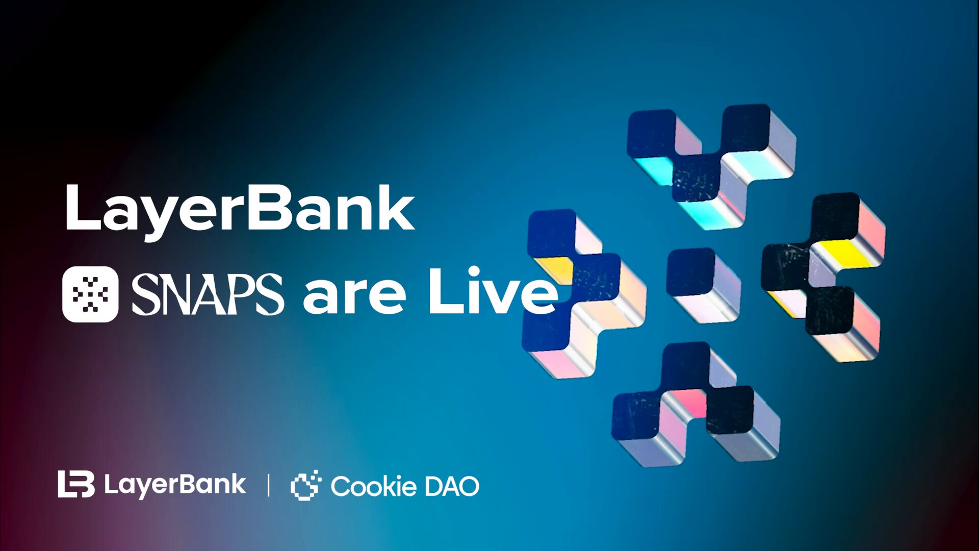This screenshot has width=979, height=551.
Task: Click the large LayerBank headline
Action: coord(240,209)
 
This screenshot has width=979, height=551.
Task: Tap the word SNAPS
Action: coord(207,294)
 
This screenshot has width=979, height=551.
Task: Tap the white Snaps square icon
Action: coord(90,294)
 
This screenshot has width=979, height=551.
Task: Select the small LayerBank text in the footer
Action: coord(175,485)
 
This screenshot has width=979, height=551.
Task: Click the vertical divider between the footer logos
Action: coord(268,485)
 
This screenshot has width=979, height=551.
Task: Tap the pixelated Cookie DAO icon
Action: coord(305,485)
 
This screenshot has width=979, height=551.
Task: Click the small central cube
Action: coord(703,284)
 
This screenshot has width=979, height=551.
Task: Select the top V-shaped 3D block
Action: coord(711,163)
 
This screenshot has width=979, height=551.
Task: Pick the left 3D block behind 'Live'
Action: coord(581,296)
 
